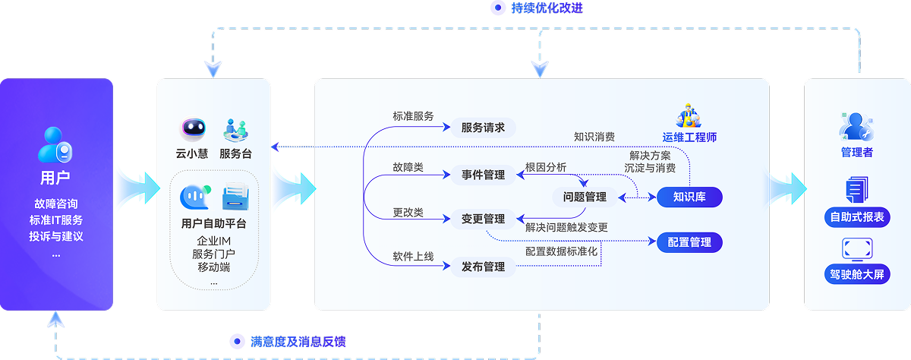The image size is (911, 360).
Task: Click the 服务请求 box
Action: pyautogui.click(x=483, y=128)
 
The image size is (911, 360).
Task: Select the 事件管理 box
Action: pyautogui.click(x=483, y=175)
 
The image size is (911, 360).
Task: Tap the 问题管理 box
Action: pyautogui.click(x=585, y=197)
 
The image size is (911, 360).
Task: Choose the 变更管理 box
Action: pyautogui.click(x=483, y=219)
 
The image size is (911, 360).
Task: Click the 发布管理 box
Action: pyautogui.click(x=483, y=267)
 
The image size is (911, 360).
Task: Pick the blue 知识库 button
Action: pyautogui.click(x=689, y=197)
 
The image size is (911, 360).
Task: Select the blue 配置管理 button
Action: pyautogui.click(x=689, y=242)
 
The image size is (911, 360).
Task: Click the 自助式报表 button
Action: pyautogui.click(x=857, y=217)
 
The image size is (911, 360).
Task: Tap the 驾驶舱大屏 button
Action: pyautogui.click(x=857, y=273)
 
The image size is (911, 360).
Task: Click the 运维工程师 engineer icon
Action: pyautogui.click(x=689, y=115)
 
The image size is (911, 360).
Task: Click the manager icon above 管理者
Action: pyautogui.click(x=857, y=126)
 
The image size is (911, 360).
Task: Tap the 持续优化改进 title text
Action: pyautogui.click(x=547, y=8)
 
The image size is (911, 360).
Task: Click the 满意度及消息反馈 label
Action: pyautogui.click(x=298, y=342)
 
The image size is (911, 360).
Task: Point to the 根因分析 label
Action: pyautogui.click(x=546, y=167)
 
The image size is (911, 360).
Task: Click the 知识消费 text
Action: pyautogui.click(x=594, y=137)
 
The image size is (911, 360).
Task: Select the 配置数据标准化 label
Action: pyautogui.click(x=562, y=251)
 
